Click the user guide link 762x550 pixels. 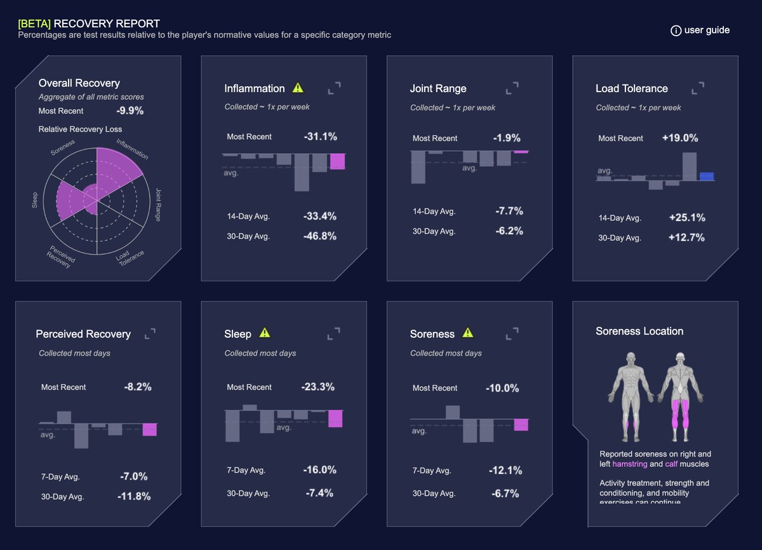(x=700, y=30)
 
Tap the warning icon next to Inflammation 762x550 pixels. (x=298, y=88)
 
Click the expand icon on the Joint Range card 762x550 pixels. (x=512, y=88)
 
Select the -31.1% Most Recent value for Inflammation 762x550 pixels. (x=320, y=137)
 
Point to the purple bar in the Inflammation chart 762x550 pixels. (x=337, y=161)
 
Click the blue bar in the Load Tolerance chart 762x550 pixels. (x=707, y=177)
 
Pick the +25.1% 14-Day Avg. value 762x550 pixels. (x=687, y=218)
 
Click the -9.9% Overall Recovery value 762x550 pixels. (x=130, y=111)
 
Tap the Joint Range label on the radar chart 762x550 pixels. (x=158, y=204)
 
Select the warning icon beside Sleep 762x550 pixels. (x=265, y=333)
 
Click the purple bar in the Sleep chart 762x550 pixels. (x=335, y=419)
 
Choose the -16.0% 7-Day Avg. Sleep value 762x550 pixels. (x=319, y=470)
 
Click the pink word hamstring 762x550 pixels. (x=630, y=464)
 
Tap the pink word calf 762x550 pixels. (x=671, y=464)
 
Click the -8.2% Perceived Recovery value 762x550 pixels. (x=138, y=387)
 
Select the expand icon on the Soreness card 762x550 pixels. (x=512, y=333)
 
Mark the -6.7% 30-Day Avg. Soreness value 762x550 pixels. (x=505, y=493)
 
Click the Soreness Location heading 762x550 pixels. (x=639, y=331)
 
